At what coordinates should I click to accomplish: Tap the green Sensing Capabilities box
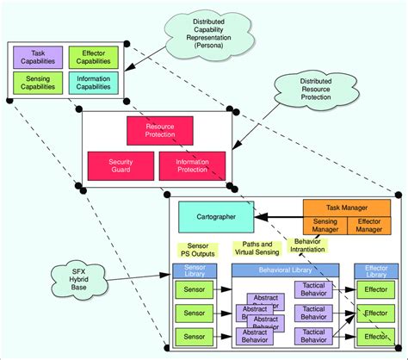tap(38, 82)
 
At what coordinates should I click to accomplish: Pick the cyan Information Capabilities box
tap(92, 82)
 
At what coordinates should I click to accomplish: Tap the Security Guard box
tap(121, 164)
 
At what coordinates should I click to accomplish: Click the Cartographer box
tap(214, 215)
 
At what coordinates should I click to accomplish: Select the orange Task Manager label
tap(347, 208)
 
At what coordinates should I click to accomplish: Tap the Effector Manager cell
tap(368, 226)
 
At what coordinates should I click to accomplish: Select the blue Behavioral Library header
tap(285, 270)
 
